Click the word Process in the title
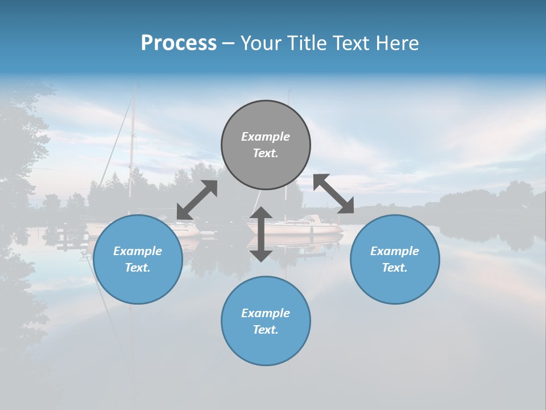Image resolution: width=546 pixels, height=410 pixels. (x=179, y=43)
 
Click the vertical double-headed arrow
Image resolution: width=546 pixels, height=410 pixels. (x=261, y=234)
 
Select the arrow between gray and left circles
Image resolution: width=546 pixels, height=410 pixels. (x=197, y=200)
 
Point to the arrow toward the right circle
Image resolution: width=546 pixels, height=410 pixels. (x=333, y=194)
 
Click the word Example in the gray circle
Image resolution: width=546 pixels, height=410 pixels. (x=266, y=137)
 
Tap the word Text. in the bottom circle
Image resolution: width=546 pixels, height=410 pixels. (x=266, y=330)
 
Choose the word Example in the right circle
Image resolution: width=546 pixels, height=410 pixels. (x=395, y=251)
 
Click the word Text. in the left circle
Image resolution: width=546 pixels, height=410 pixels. (x=138, y=268)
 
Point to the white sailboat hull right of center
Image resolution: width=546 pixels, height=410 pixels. (x=307, y=228)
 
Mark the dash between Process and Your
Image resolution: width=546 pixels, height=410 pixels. (x=228, y=43)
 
